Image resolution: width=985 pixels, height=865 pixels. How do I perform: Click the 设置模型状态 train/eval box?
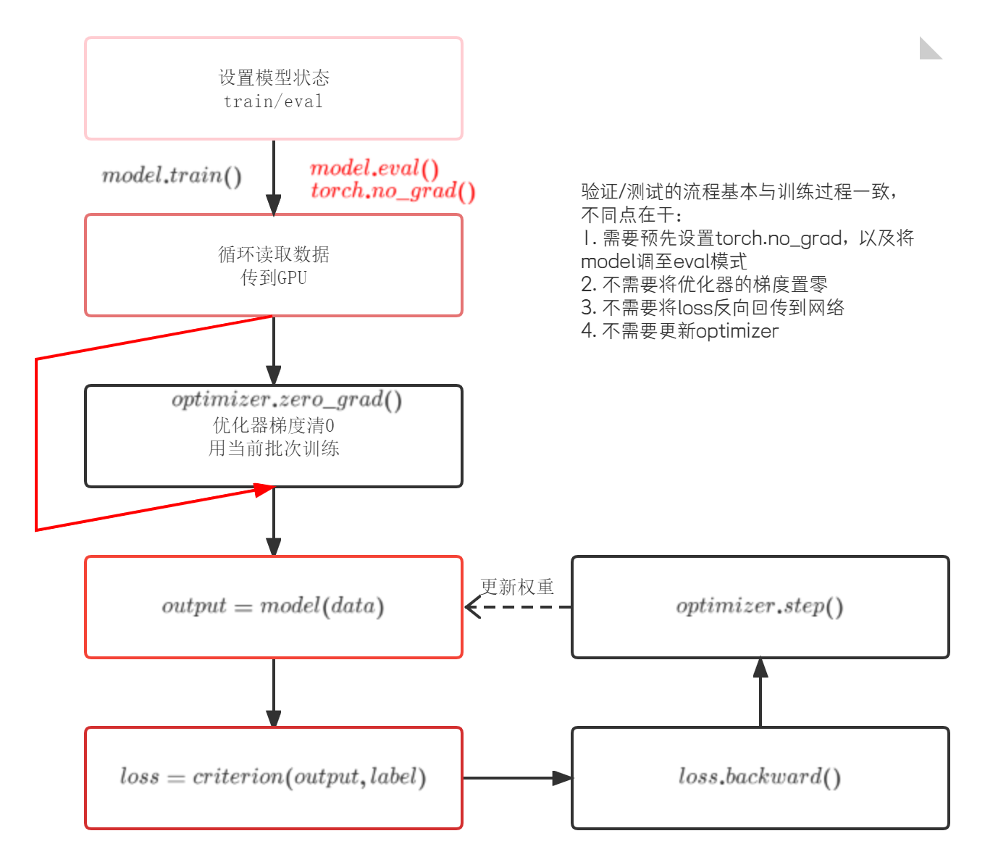(x=274, y=88)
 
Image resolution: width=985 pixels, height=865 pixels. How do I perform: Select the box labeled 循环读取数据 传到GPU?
(x=274, y=265)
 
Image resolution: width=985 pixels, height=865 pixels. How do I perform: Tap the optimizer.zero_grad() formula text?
(x=287, y=399)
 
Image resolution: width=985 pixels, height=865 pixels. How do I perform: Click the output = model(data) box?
(x=274, y=607)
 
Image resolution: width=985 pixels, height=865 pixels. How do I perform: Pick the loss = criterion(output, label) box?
(x=274, y=778)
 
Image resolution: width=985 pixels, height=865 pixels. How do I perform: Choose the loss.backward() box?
(x=760, y=778)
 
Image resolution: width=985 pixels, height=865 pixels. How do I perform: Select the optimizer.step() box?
(x=760, y=607)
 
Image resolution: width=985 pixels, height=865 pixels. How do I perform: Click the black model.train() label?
(x=172, y=175)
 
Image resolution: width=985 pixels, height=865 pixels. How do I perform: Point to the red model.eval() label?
(x=374, y=169)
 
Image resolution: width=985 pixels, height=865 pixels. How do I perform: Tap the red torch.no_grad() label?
(x=393, y=191)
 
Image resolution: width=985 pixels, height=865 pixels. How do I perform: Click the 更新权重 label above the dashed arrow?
(x=517, y=587)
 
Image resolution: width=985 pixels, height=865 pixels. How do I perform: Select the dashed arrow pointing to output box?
(x=517, y=607)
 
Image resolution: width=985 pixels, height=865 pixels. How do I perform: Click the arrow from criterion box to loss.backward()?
(x=517, y=778)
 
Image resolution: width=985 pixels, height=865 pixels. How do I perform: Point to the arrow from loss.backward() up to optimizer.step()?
(x=760, y=693)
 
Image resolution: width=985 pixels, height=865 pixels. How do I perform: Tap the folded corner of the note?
(x=930, y=48)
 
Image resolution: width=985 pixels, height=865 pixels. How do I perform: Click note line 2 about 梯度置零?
(x=704, y=285)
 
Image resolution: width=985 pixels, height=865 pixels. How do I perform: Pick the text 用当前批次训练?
(x=274, y=448)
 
